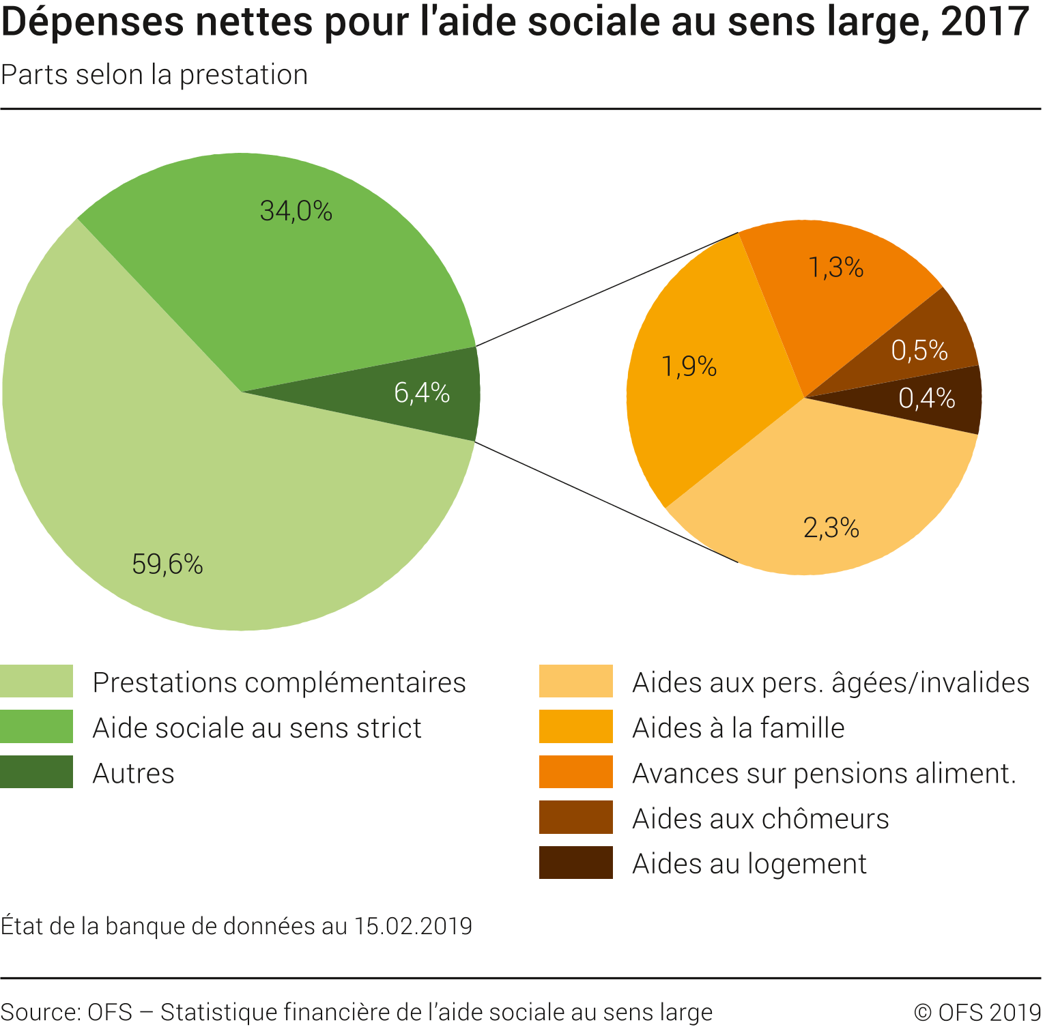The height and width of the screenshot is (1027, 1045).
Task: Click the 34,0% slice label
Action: coord(296,211)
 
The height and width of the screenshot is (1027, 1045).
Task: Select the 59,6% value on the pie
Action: coord(167,564)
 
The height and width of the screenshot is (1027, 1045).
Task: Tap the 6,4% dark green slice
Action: coord(422,393)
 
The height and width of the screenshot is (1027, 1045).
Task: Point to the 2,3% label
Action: coord(831,527)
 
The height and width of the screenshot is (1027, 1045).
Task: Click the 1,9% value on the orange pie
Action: coord(689,367)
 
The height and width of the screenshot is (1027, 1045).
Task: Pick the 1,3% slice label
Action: coord(835,267)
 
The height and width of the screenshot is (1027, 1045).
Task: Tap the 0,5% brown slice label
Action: coord(919,351)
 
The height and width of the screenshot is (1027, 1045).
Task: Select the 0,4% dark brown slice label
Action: coord(926,398)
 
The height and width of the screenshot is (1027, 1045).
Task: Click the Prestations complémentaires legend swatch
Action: coord(37,681)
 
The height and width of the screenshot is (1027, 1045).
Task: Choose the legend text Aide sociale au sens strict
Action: coord(257,728)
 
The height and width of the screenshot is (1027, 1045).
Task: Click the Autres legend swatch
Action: coord(37,772)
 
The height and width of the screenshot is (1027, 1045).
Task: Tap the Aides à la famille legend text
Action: coord(738,728)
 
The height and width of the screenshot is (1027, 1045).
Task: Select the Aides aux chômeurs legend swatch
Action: coord(575,818)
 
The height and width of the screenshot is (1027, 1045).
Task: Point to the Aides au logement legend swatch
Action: coord(575,863)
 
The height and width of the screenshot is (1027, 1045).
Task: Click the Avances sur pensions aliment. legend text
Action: coord(824,773)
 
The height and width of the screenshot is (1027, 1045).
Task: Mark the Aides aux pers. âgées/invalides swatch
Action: coord(575,681)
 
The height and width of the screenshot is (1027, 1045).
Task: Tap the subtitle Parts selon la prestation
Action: coord(155,75)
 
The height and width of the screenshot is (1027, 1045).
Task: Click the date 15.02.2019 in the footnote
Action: coord(413,926)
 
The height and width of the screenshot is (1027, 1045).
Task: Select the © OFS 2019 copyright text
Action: coord(977,1012)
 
